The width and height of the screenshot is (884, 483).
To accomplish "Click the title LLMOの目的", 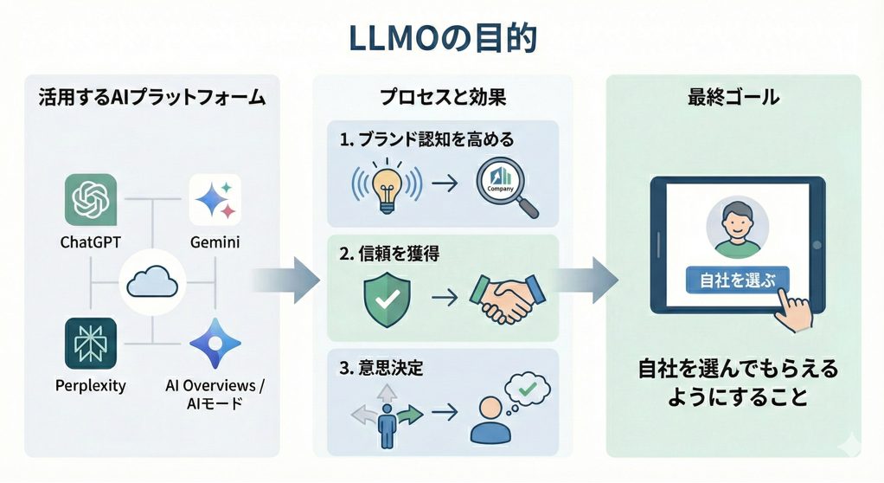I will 442,38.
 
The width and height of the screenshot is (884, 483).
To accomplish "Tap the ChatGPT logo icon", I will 90,200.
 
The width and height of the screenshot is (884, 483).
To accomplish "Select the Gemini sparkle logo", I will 215,200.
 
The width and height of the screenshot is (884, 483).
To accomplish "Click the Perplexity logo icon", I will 90,344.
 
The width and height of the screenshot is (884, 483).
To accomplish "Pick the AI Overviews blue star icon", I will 215,344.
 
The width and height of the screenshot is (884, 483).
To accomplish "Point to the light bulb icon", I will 386,190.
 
